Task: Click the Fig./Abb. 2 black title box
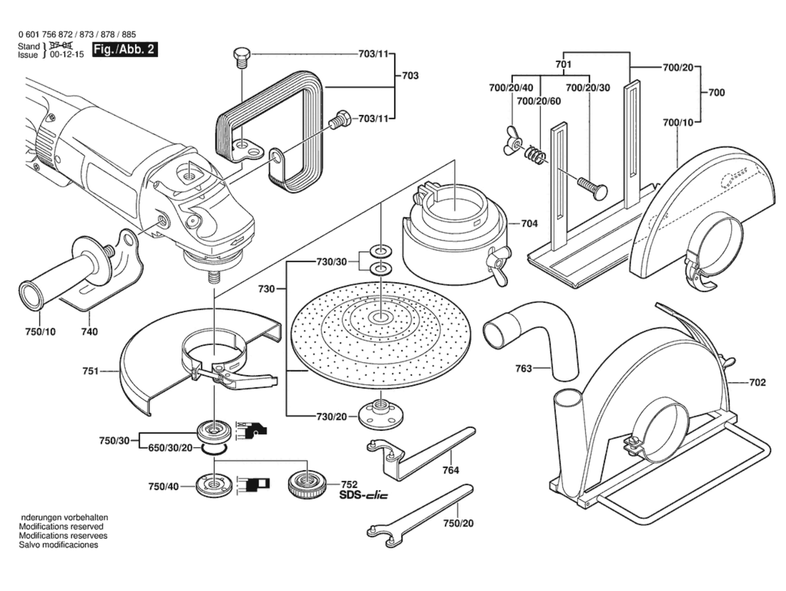click(x=125, y=49)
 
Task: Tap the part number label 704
click(x=529, y=223)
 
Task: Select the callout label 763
click(x=523, y=368)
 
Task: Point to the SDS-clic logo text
click(x=364, y=495)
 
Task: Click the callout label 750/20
click(x=458, y=523)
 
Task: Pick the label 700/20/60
click(x=539, y=101)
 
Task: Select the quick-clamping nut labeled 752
click(x=307, y=485)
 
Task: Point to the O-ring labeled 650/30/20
click(x=214, y=449)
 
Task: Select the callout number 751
click(x=91, y=371)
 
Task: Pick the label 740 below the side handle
click(x=89, y=332)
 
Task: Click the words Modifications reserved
click(x=61, y=526)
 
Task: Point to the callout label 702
click(x=757, y=383)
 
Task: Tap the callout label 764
click(x=450, y=470)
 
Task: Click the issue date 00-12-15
click(x=67, y=55)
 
